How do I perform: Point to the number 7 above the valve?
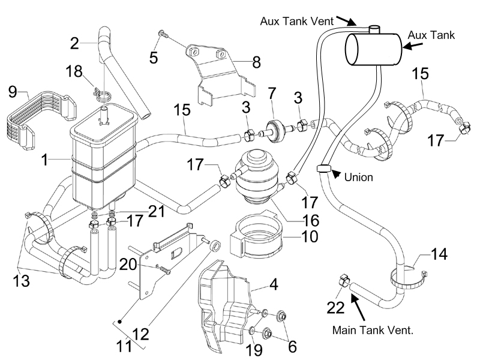[x=272, y=94]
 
